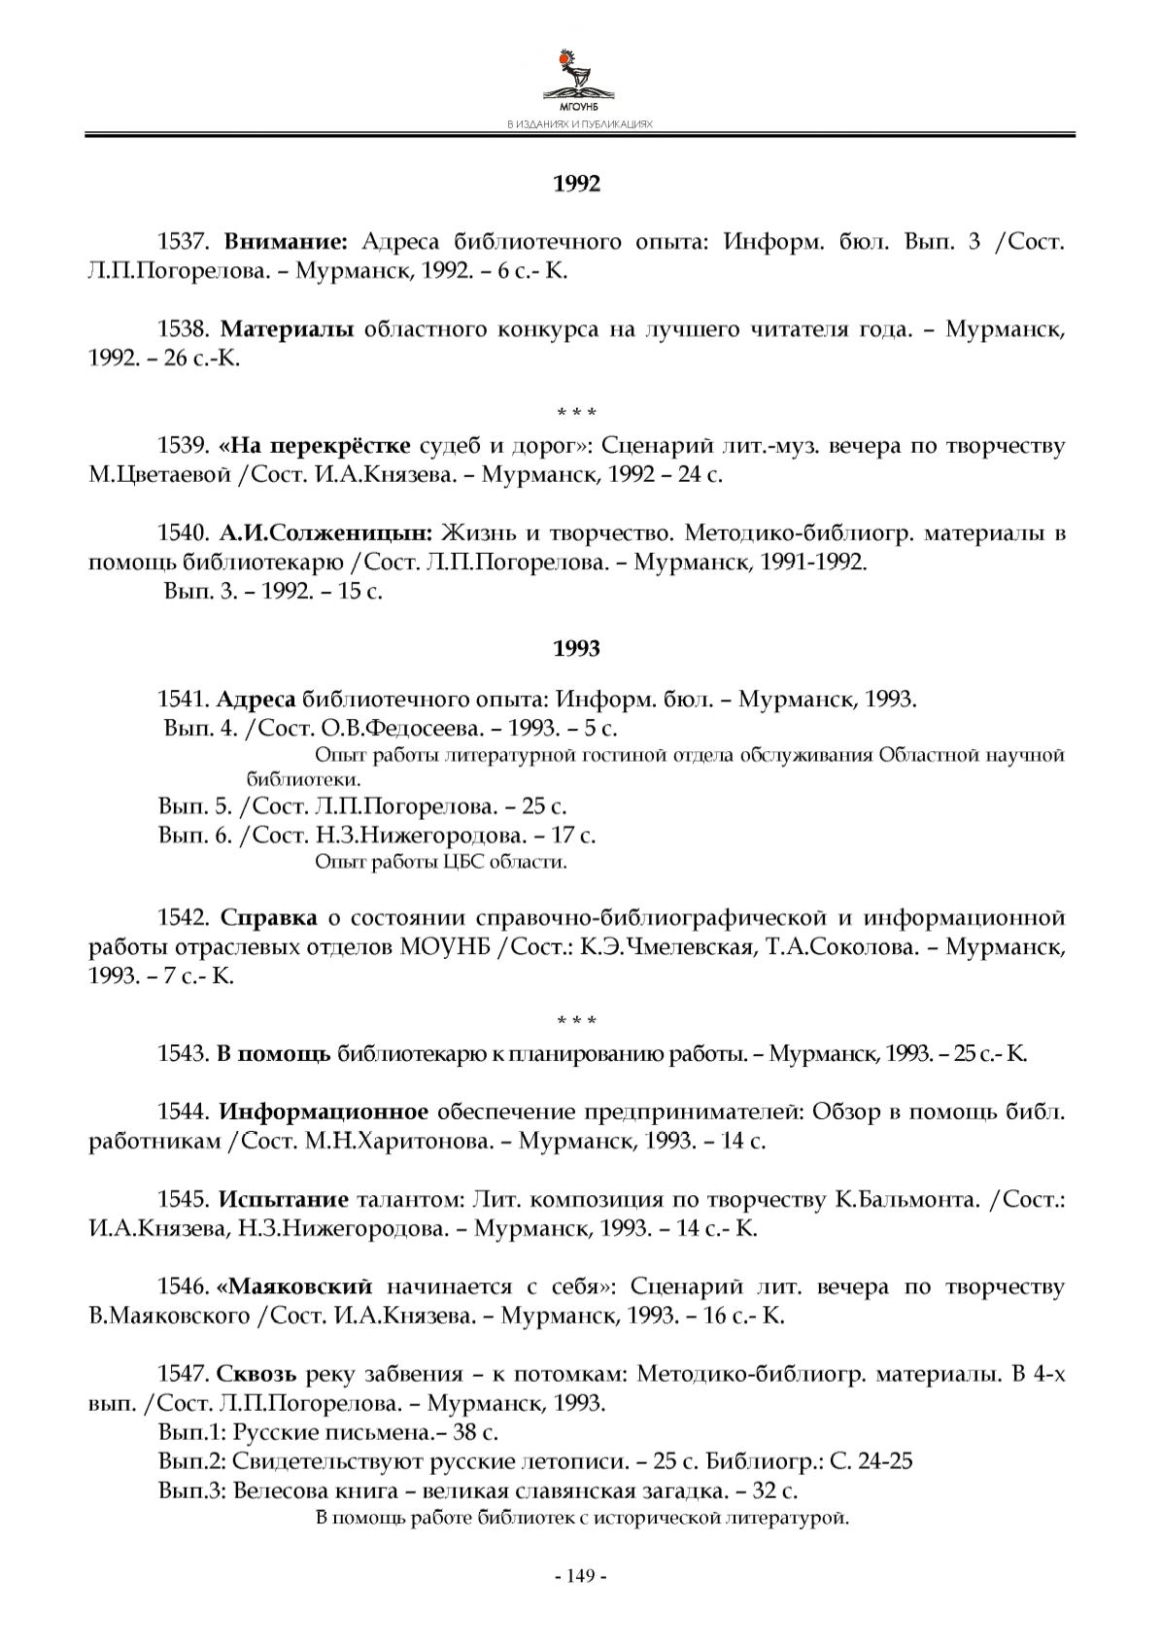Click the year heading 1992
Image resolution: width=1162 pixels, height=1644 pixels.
(x=577, y=184)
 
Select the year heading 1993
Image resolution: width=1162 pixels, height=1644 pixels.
(x=577, y=648)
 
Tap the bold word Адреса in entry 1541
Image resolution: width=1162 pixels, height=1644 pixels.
(x=256, y=699)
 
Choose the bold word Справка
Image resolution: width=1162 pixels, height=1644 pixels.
(x=268, y=917)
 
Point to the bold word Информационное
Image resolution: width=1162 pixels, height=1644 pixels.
(x=324, y=1112)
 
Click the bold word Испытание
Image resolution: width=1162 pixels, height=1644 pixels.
(x=283, y=1199)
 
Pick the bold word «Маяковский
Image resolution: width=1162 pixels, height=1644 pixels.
(x=295, y=1286)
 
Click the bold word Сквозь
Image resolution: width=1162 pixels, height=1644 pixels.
(x=256, y=1374)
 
